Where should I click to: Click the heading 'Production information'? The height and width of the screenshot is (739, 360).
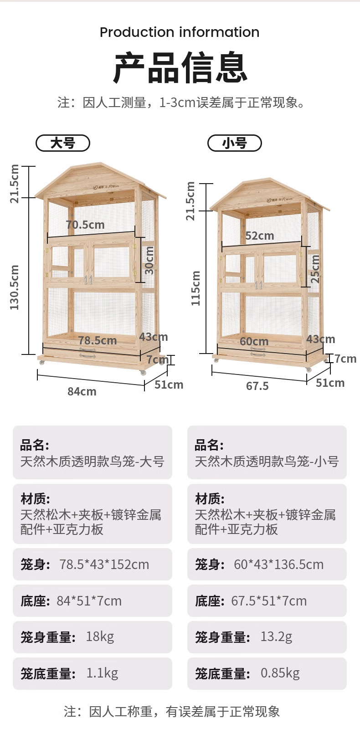tap(180, 32)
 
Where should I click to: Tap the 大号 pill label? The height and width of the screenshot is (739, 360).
tap(63, 143)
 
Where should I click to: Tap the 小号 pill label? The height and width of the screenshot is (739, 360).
tap(235, 143)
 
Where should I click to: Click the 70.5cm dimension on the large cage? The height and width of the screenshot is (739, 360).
tap(85, 225)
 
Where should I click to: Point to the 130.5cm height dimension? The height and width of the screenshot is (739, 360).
tap(15, 287)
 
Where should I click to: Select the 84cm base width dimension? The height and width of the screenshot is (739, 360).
tap(82, 391)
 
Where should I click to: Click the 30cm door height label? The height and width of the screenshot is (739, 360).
tap(149, 260)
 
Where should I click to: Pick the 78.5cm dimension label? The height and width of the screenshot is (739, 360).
tap(98, 340)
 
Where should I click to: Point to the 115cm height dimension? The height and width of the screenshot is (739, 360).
tap(195, 288)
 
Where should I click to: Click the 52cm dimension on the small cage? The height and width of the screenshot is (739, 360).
tap(260, 236)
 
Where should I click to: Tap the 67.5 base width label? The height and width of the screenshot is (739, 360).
tap(257, 386)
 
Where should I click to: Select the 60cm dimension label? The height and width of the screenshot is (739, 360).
tap(254, 341)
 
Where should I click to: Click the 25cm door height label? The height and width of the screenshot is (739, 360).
tap(315, 269)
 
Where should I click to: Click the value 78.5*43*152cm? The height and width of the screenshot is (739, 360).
tap(104, 565)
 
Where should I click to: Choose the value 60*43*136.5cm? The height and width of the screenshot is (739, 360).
tap(278, 565)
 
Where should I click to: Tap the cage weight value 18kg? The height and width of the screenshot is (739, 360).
tap(100, 636)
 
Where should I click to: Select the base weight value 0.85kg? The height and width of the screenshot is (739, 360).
tap(280, 673)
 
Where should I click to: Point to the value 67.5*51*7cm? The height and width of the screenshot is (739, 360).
tap(269, 601)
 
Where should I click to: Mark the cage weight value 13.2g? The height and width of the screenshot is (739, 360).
tap(276, 636)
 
